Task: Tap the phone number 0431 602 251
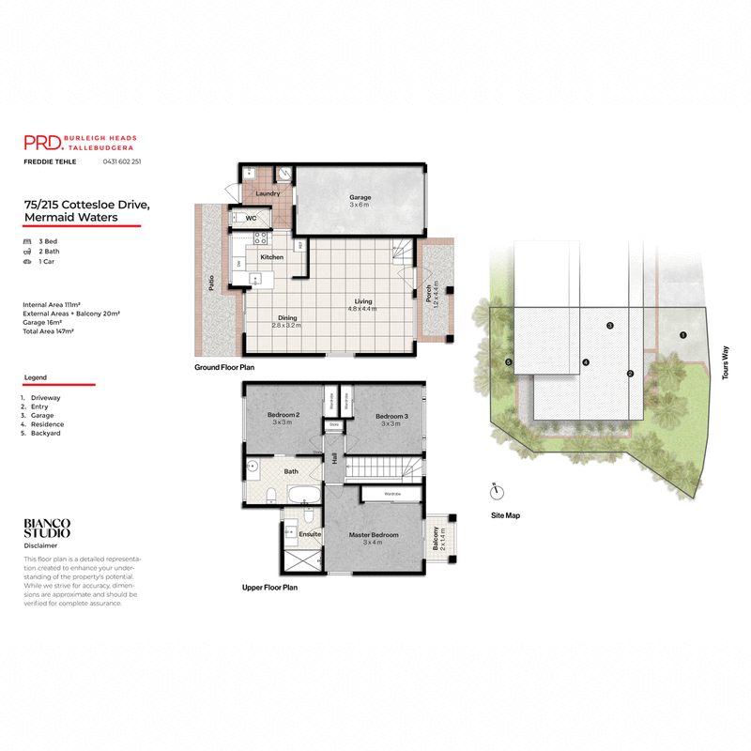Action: coord(122,161)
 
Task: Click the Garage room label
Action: coord(361,198)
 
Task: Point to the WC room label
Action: coord(251,218)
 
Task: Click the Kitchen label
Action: coord(272,256)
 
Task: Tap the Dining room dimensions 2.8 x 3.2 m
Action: coord(287,325)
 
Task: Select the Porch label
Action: coord(429,292)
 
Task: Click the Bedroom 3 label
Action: coord(391,415)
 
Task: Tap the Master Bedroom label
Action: coord(374,535)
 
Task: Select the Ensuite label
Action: coord(310,533)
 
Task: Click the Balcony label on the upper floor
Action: coord(436,538)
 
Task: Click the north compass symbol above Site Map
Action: coord(497,490)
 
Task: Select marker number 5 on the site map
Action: coord(509,362)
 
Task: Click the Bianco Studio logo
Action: coord(47,529)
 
